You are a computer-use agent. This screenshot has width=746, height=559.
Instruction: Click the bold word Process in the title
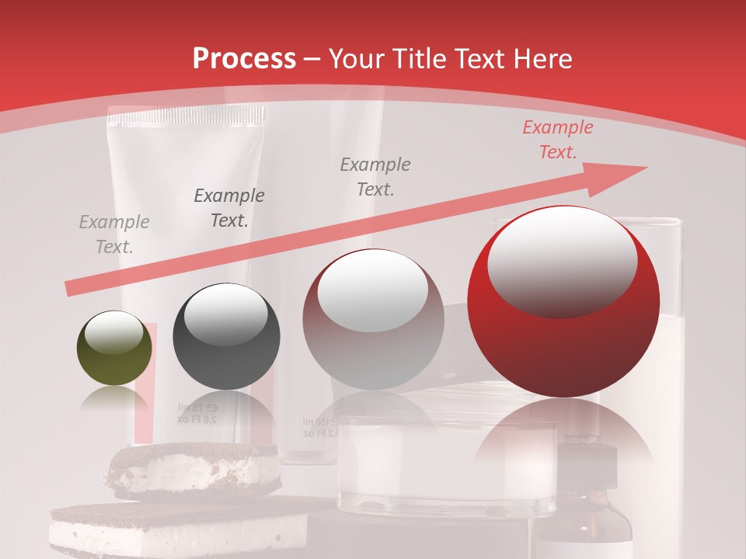click(244, 59)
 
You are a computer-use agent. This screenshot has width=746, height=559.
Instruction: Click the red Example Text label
click(557, 140)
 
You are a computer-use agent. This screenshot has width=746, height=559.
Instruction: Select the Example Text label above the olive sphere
click(114, 234)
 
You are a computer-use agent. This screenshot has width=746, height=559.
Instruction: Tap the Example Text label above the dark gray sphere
click(228, 208)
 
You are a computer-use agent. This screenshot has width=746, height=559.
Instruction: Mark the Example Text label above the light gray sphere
click(375, 176)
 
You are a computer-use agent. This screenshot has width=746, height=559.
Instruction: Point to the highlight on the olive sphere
click(113, 333)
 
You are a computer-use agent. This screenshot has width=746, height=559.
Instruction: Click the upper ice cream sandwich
click(194, 470)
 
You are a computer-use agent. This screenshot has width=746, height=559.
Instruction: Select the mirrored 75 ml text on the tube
click(197, 412)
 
